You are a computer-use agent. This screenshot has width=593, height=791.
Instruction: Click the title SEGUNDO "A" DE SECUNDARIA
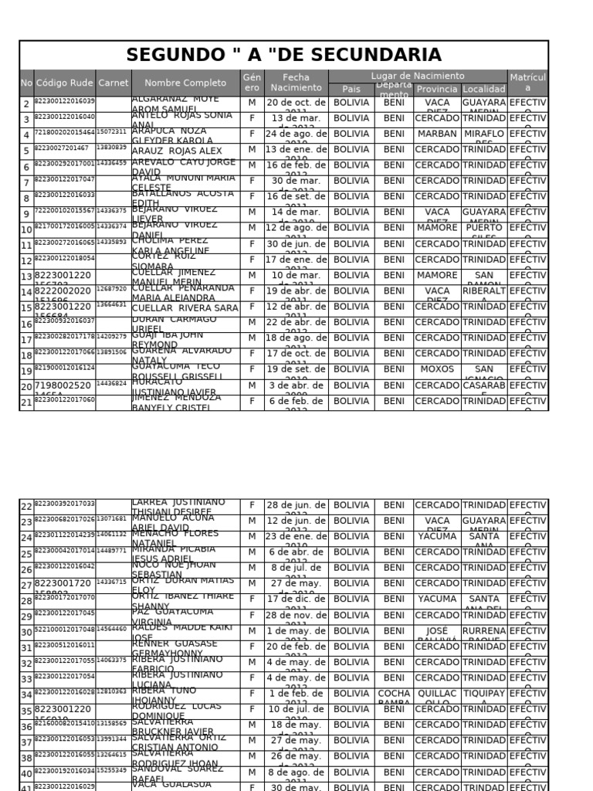(283, 55)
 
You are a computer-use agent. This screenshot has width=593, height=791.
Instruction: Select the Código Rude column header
(64, 83)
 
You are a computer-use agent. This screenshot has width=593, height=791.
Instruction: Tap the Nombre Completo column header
(185, 83)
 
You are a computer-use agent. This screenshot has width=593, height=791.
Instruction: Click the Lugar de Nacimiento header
(417, 76)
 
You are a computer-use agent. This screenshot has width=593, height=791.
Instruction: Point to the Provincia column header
(437, 90)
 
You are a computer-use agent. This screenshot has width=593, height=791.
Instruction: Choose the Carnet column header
(114, 83)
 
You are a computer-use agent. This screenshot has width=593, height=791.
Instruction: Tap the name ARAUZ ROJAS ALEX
(177, 151)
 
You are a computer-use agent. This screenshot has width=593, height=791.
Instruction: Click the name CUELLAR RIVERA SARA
(185, 307)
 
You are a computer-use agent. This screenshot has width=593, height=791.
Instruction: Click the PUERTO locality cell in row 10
(484, 229)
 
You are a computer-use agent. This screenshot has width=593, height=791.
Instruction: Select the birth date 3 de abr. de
(296, 386)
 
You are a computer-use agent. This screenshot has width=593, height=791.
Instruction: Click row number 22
(26, 507)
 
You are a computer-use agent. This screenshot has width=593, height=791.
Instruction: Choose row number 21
(26, 402)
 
